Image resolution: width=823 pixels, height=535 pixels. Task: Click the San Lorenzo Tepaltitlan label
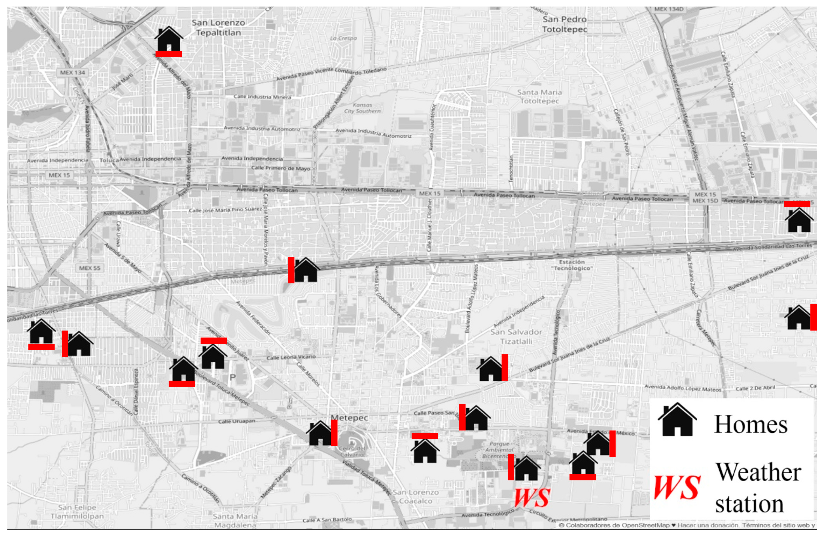click(x=218, y=28)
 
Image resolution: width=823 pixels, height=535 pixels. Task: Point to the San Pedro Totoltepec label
click(x=564, y=24)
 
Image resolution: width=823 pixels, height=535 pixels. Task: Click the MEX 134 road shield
click(x=72, y=73)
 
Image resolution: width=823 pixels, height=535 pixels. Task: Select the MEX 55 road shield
click(x=89, y=268)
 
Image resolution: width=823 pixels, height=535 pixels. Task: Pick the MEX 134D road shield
click(x=669, y=9)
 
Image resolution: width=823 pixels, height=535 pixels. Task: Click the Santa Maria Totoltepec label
click(x=539, y=96)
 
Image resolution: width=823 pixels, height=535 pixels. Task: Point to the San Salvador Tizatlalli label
click(x=516, y=337)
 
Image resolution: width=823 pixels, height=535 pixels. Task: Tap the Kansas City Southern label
click(x=362, y=108)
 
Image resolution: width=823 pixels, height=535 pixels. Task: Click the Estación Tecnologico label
click(x=572, y=265)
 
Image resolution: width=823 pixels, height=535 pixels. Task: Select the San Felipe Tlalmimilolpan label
click(x=77, y=511)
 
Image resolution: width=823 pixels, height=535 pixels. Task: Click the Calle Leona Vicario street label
click(x=291, y=357)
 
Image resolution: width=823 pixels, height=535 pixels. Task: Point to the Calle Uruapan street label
click(x=237, y=421)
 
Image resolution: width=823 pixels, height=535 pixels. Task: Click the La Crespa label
click(x=343, y=38)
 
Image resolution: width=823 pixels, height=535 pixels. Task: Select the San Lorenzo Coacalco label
click(x=416, y=496)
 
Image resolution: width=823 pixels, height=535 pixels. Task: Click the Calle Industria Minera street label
click(x=262, y=96)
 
